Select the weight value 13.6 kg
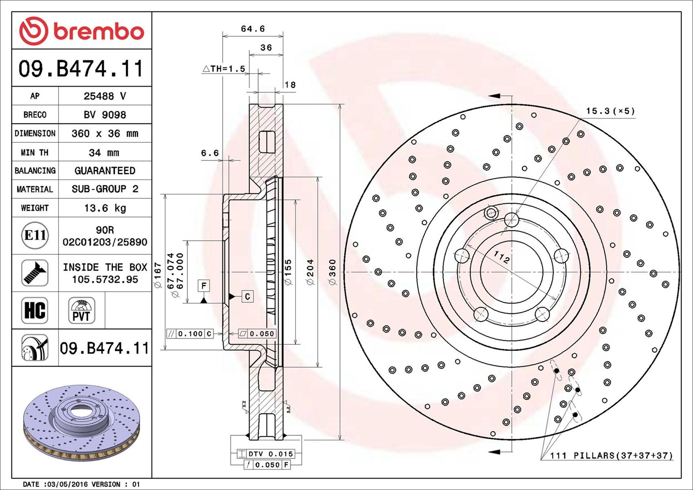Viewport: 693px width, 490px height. click(x=105, y=208)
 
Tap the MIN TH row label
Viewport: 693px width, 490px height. click(x=35, y=153)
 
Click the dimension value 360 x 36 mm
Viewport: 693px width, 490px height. click(x=105, y=134)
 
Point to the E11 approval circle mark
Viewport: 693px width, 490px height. click(x=35, y=235)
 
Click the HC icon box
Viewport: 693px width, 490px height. click(x=35, y=310)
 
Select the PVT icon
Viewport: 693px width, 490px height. click(x=81, y=310)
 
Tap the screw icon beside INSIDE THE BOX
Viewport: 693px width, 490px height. click(x=35, y=273)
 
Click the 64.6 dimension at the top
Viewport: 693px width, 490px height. click(x=253, y=29)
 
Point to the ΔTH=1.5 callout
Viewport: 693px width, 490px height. click(x=224, y=69)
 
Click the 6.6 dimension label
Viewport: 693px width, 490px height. click(x=210, y=153)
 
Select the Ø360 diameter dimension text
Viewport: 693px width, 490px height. click(x=332, y=272)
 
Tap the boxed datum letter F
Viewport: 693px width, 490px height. click(x=204, y=285)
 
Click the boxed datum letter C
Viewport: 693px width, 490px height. click(x=247, y=296)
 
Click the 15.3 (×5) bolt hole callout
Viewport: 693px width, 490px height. click(x=610, y=111)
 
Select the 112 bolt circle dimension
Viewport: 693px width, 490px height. click(x=501, y=257)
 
